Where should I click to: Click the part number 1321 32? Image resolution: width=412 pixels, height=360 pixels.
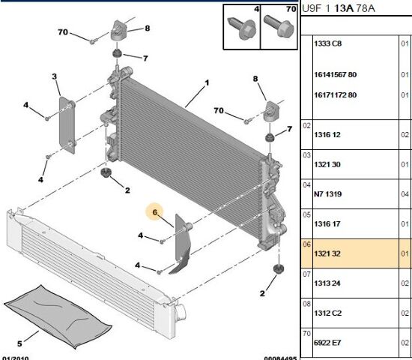point(327,253)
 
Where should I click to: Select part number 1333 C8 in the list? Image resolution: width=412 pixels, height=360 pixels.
point(327,43)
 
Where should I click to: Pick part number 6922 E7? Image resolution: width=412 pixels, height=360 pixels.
point(327,343)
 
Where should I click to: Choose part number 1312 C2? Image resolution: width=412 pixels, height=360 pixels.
point(327,313)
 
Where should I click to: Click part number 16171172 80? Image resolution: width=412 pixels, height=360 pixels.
point(336,95)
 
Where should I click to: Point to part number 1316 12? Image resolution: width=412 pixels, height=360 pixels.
point(327,135)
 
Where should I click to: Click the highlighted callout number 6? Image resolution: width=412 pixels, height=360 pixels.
point(154,212)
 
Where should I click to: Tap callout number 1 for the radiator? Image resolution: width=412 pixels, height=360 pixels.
point(207,83)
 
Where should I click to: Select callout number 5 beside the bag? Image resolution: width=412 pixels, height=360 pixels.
point(19,343)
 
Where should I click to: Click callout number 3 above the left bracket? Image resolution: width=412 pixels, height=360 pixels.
point(54,76)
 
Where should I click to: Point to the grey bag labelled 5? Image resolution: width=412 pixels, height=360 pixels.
point(58,316)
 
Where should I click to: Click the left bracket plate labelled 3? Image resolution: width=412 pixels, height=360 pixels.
point(67,125)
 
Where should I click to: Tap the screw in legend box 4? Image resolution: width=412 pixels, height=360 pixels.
point(242,28)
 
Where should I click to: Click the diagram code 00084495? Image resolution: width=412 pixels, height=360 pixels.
point(280,358)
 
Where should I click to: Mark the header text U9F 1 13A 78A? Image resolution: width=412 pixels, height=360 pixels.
point(339,8)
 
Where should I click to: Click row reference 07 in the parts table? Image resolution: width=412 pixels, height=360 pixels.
point(306,274)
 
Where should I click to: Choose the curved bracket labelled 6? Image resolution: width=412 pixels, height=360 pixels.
point(182,244)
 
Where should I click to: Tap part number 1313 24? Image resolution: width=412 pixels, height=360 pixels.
point(327,283)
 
